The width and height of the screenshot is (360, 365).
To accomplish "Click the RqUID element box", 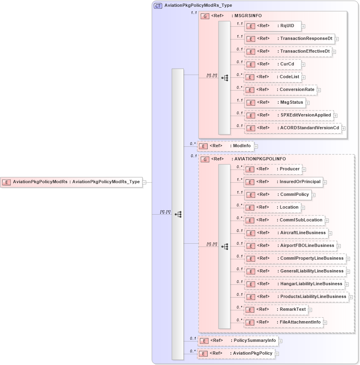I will [x=272, y=26].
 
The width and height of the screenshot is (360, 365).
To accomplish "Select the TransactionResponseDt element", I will [x=289, y=39].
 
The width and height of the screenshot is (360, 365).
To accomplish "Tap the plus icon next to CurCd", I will [x=303, y=64].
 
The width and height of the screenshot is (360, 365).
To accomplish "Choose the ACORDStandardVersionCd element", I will [x=293, y=128].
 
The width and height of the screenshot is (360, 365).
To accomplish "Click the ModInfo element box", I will [x=226, y=146].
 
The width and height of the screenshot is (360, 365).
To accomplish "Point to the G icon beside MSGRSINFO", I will [x=205, y=16].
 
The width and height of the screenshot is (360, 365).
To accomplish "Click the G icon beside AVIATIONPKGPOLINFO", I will [x=205, y=159].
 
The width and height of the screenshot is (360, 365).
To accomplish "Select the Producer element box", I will [x=272, y=169].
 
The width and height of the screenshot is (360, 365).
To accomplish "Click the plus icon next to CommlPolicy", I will [x=314, y=195].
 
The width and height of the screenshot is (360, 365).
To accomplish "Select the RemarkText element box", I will [x=275, y=310].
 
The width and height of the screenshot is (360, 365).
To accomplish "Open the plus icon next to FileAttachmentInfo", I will [x=325, y=322].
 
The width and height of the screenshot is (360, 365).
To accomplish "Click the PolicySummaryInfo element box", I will [x=238, y=341].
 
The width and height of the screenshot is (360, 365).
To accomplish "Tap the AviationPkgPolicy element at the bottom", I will [x=236, y=353].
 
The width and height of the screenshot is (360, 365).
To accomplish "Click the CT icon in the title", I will [x=158, y=6].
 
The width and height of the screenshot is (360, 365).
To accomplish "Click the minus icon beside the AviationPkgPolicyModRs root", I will [x=144, y=182].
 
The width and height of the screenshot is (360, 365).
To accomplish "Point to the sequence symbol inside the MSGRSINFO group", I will [x=224, y=78].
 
